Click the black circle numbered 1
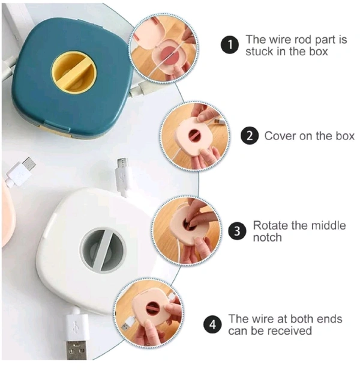tap(230, 45)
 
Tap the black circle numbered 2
tap(250, 136)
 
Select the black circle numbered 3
tap(237, 231)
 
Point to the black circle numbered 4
tap(212, 324)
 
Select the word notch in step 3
tap(268, 237)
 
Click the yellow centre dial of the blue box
tap(74, 72)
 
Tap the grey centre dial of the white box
tap(103, 250)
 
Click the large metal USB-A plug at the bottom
tap(76, 350)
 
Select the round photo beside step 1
tap(164, 48)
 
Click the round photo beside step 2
tap(194, 136)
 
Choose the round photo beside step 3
tap(187, 231)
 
